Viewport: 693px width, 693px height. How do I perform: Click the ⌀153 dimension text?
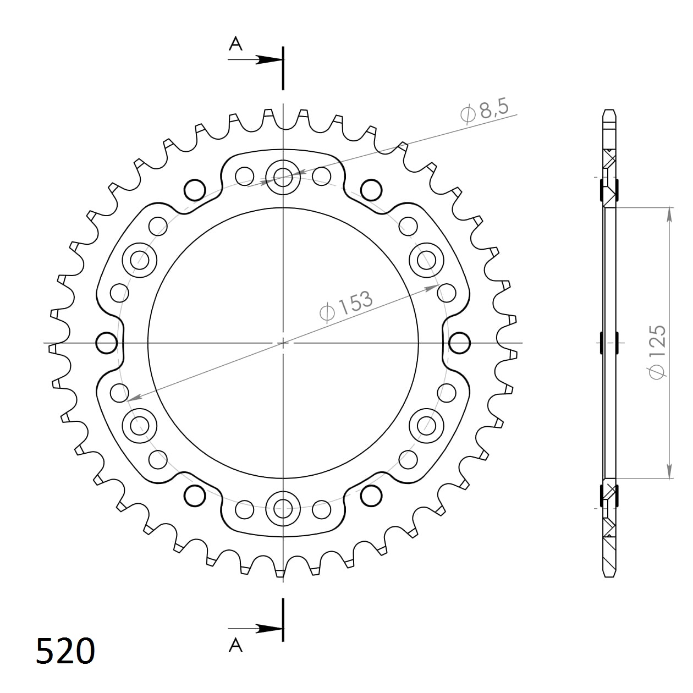(346, 305)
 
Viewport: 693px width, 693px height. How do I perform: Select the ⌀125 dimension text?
(657, 352)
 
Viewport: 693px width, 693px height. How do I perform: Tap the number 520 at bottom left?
(65, 652)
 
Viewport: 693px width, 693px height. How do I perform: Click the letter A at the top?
(235, 44)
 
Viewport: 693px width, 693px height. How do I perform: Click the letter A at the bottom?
(235, 645)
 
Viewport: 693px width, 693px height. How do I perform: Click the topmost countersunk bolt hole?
(283, 177)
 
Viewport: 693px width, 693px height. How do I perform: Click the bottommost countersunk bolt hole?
(283, 507)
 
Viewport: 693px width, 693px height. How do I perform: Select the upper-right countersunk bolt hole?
(426, 259)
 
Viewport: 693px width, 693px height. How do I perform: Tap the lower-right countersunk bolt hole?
(426, 425)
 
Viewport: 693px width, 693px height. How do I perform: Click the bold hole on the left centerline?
(107, 343)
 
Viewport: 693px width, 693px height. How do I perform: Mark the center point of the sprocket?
(283, 343)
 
